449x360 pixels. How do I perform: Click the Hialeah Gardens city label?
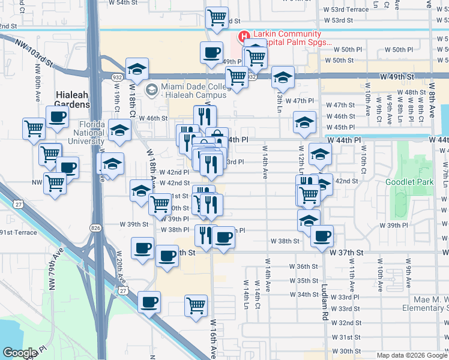click(72, 99)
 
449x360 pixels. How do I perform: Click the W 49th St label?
click(397, 77)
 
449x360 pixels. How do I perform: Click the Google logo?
click(20, 353)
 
